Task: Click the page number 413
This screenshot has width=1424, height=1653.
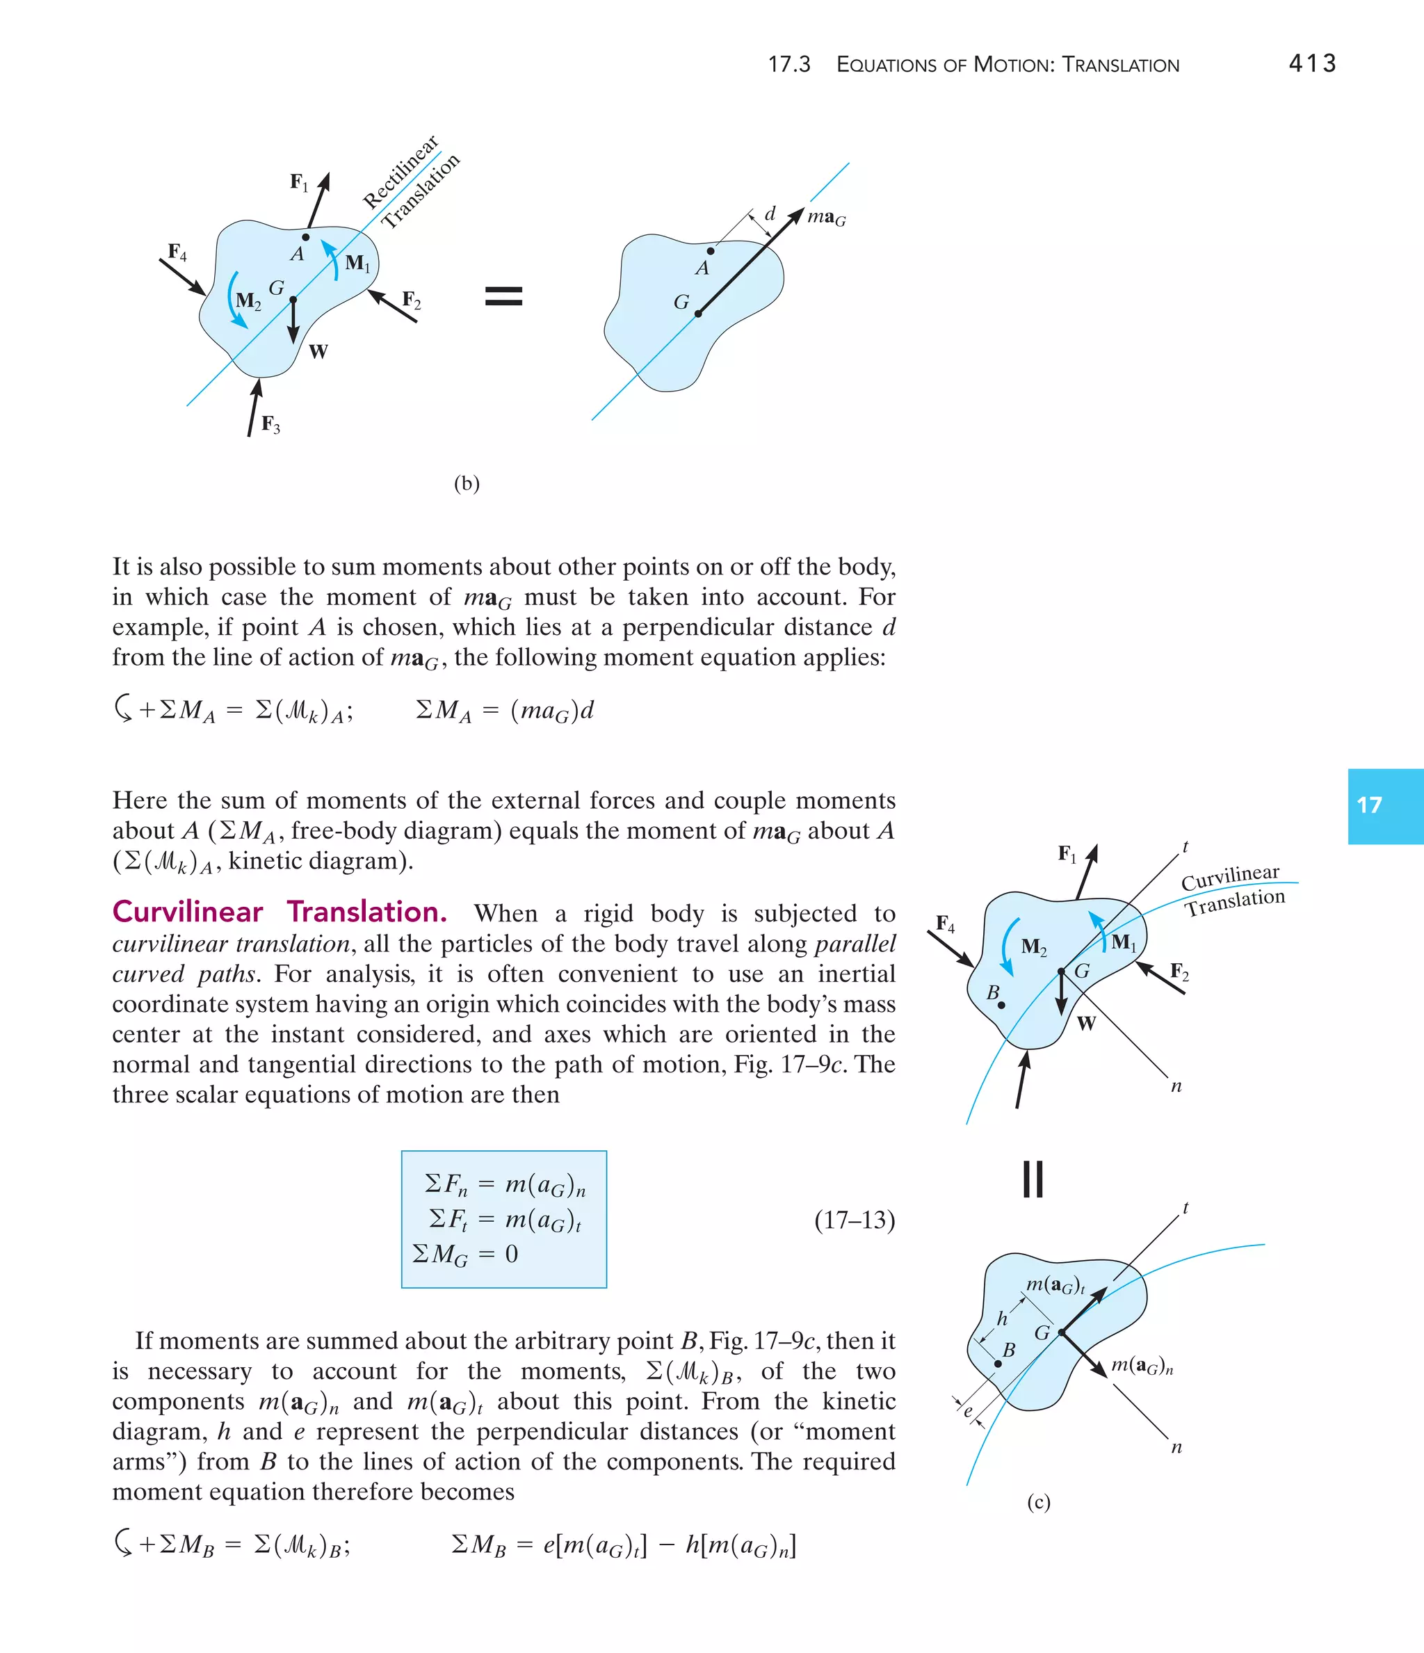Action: [1311, 64]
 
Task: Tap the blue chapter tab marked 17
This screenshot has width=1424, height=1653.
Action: [1385, 806]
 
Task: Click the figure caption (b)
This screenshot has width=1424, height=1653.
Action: [466, 483]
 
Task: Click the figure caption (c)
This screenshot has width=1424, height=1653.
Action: [1038, 1502]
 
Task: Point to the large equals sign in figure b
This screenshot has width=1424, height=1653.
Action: [503, 297]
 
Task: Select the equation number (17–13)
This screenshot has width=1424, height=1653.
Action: [855, 1220]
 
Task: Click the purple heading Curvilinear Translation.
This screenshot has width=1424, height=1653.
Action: [280, 912]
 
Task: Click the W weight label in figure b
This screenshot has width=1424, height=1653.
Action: [318, 352]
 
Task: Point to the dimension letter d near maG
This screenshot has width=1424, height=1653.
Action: [770, 213]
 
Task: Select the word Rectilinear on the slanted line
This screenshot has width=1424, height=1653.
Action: [400, 172]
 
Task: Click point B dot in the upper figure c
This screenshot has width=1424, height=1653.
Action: [1001, 1005]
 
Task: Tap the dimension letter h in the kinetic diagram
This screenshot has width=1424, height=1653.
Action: [1002, 1319]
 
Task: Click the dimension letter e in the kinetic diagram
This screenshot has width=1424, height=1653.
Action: [969, 1410]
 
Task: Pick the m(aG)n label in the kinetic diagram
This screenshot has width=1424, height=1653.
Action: [1142, 1366]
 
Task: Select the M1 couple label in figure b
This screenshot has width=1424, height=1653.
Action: [357, 264]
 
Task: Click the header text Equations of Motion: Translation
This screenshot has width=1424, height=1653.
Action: [1007, 65]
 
